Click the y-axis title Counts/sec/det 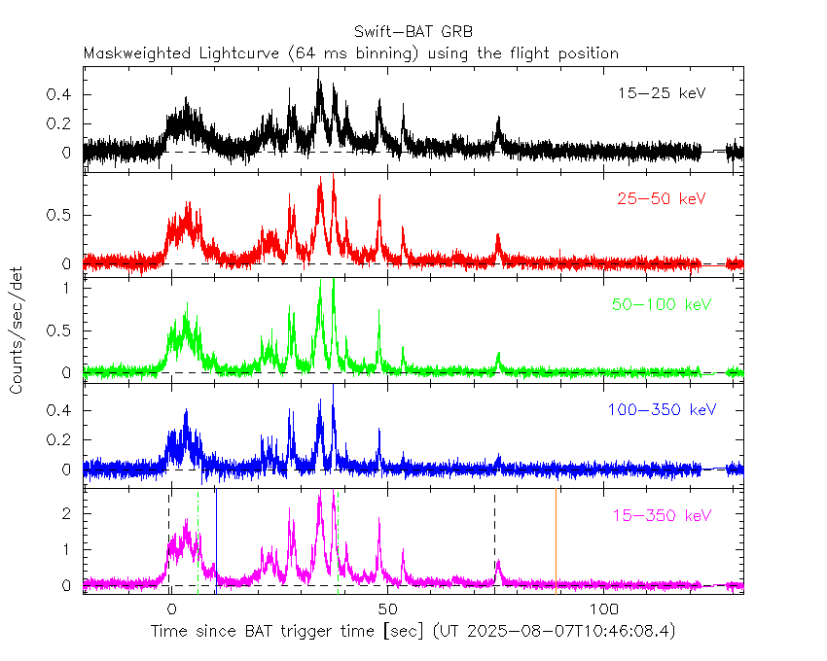[x=17, y=331]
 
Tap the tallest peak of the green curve [x=334, y=282]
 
